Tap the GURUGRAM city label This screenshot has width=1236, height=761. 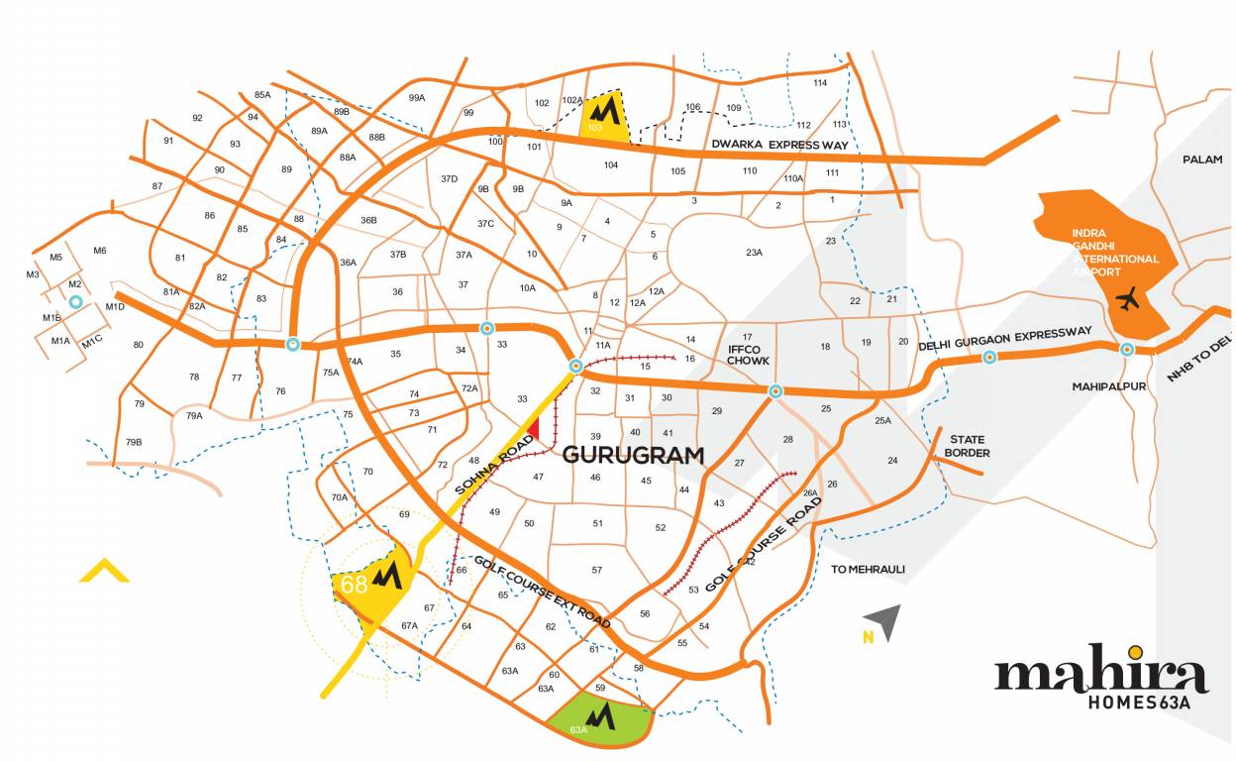coord(634,456)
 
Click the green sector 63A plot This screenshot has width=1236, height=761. coord(602,718)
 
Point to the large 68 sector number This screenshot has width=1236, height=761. coord(354,585)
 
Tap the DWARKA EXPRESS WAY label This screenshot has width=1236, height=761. coord(780,146)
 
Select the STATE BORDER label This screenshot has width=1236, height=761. coord(968,446)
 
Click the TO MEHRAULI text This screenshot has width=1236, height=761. coord(868,569)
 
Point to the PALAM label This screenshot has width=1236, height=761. coord(1202,160)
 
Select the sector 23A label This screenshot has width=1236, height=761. coord(754,253)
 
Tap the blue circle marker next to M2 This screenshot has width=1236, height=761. coord(75,299)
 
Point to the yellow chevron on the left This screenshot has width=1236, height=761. coord(105,570)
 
